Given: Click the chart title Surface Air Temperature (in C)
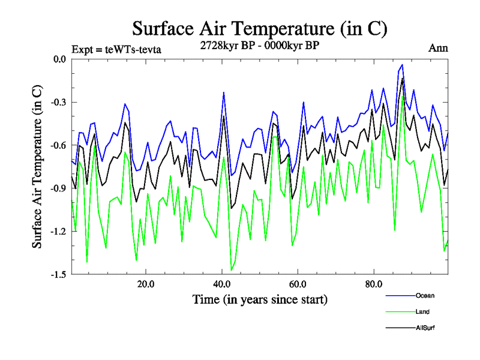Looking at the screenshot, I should coord(259,28).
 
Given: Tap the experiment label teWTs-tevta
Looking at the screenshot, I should coord(116,49).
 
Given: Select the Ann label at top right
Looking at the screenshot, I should coord(438,48).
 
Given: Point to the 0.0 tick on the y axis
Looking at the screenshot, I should coord(59,59).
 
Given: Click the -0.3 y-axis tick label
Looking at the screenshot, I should coord(58,102).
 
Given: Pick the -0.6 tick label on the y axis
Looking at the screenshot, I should coord(58,145).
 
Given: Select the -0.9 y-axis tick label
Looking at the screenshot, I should coord(58,188).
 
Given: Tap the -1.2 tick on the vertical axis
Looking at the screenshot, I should coord(58,232).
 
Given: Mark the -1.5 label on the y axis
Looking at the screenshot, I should coord(58,275).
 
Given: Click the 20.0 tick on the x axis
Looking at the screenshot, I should coord(146,283).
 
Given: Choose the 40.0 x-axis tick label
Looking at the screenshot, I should coord(222,283).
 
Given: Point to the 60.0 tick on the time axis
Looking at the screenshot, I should coord(298,283).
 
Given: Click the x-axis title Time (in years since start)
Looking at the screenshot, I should coord(259,299).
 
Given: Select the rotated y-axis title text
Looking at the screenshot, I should coord(37,167).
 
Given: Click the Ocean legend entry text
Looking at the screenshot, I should coord(424,295).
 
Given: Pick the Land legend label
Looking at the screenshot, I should coord(422,311).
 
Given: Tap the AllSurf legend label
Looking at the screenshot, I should coord(425,328).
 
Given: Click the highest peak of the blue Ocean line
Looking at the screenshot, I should coord(402,65).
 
